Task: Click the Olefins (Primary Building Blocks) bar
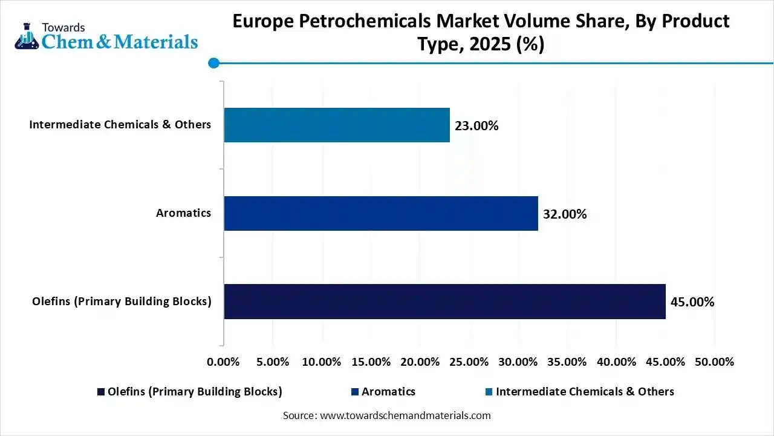click(x=444, y=302)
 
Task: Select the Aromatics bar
click(x=381, y=213)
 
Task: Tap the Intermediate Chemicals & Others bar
click(x=337, y=125)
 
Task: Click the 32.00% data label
click(x=565, y=214)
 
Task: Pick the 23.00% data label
click(x=476, y=126)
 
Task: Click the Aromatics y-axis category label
click(x=183, y=213)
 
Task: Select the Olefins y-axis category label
click(x=122, y=302)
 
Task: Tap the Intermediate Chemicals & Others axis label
click(x=120, y=125)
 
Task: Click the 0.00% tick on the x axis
click(x=223, y=362)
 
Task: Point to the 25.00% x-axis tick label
click(x=469, y=362)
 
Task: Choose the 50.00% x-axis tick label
click(x=714, y=362)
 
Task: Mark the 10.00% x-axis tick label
click(x=321, y=362)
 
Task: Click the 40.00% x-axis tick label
click(x=616, y=362)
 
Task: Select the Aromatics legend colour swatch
click(x=356, y=392)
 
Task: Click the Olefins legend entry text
click(x=195, y=392)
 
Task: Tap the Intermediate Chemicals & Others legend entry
click(x=584, y=392)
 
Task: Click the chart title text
click(x=481, y=33)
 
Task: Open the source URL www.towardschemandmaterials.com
click(x=405, y=415)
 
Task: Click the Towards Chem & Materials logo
click(x=106, y=36)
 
